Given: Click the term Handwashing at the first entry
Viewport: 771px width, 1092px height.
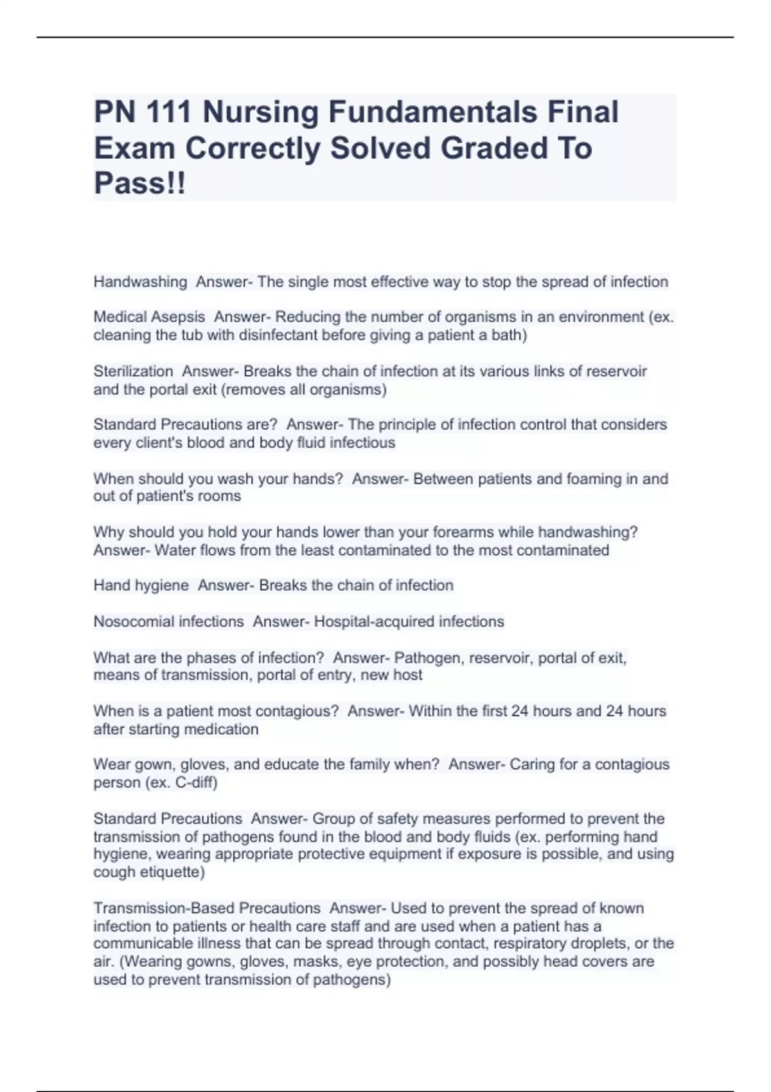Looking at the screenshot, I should [140, 282].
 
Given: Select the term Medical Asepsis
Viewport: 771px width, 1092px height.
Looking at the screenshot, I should [149, 317].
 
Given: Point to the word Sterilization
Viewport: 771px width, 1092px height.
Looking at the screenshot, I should [133, 371].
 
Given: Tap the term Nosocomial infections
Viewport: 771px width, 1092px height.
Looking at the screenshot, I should [168, 622].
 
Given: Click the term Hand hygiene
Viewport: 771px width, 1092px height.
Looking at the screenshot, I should [141, 586].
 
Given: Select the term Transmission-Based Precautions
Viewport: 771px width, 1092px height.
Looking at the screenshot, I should [206, 908].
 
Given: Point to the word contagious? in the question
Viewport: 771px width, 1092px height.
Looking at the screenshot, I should [297, 712].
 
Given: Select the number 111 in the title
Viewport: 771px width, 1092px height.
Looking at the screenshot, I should [169, 112].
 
